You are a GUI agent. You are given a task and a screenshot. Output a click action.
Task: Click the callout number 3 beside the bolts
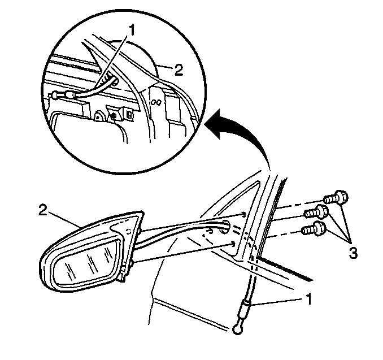(x=353, y=253)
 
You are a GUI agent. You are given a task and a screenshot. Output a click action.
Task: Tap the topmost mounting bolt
(x=336, y=198)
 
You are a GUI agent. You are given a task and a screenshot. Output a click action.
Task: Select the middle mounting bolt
(x=316, y=212)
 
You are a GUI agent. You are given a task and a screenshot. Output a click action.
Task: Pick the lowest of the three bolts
(x=314, y=228)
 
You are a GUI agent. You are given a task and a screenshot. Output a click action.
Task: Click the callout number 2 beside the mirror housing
(x=43, y=210)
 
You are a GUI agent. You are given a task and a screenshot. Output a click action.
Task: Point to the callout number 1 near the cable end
(x=309, y=300)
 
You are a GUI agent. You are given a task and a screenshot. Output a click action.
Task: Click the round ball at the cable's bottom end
(x=237, y=329)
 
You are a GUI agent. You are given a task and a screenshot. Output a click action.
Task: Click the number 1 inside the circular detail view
(x=132, y=31)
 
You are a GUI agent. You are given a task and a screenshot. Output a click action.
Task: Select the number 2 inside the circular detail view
(x=179, y=70)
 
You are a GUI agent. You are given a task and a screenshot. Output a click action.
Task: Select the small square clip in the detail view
(x=129, y=114)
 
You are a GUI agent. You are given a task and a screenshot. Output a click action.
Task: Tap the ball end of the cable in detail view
(x=55, y=95)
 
